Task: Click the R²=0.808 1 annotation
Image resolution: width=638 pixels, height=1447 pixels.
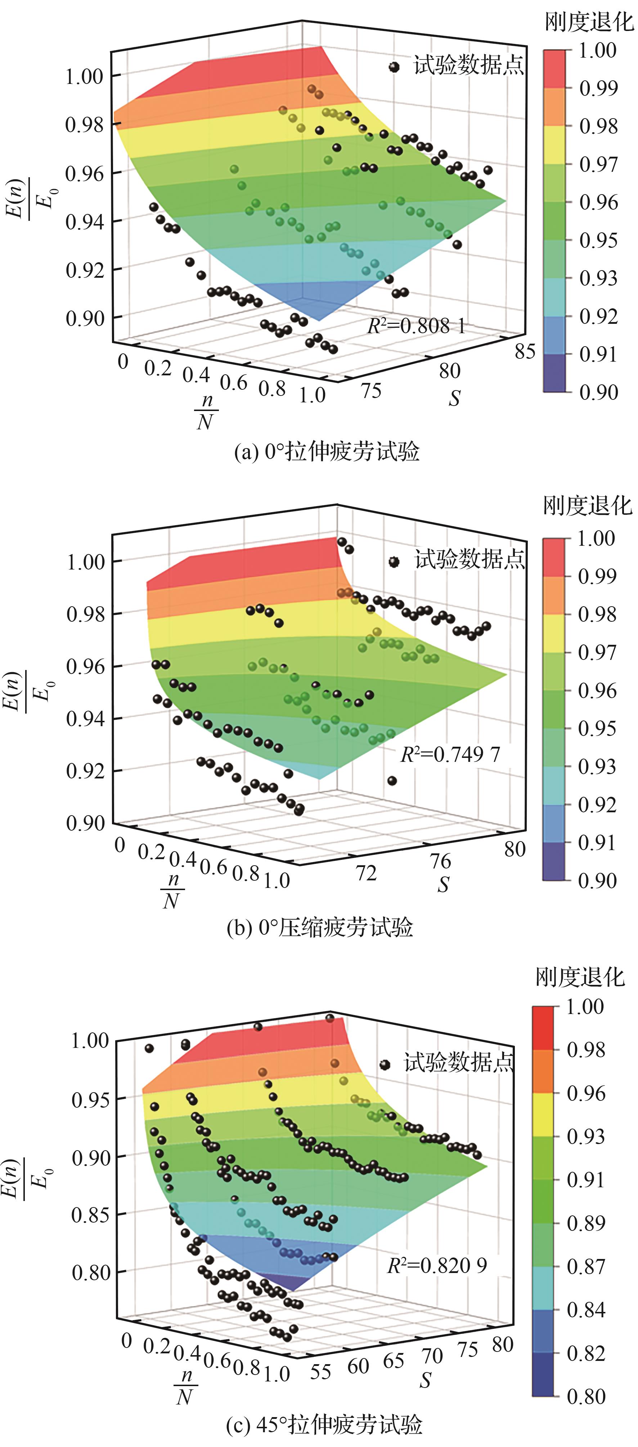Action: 416,325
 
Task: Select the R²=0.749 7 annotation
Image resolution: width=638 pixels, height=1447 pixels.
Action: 449,754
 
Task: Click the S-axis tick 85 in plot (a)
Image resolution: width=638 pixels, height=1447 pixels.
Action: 525,352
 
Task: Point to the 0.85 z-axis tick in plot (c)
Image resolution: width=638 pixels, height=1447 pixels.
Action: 90,1214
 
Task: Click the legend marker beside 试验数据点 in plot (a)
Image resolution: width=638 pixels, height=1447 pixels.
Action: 394,67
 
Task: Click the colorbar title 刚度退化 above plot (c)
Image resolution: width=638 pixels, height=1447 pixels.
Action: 580,977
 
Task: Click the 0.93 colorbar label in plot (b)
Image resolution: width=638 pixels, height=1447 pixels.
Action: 597,766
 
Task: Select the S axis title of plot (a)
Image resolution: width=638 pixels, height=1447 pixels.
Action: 454,398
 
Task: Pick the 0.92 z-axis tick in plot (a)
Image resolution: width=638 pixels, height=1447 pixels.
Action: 85,270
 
